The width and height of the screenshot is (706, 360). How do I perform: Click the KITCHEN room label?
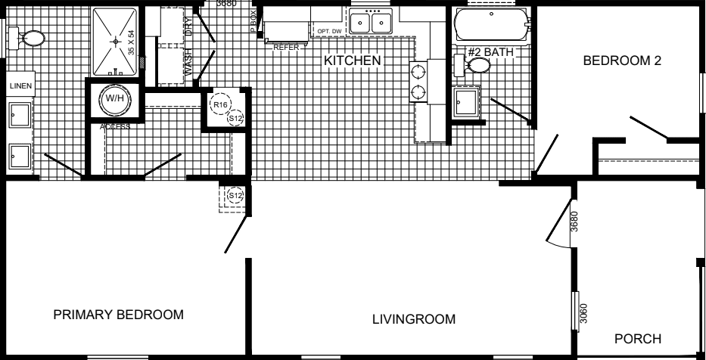pos(352,61)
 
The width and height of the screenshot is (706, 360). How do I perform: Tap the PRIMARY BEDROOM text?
pos(118,315)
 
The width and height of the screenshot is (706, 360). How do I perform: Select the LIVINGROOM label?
pos(414,318)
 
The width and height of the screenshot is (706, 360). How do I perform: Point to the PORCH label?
pos(638,339)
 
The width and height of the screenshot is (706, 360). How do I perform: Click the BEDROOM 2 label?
pos(622,61)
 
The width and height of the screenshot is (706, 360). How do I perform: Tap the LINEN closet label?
pos(20,86)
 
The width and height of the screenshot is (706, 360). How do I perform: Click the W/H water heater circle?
pos(114,98)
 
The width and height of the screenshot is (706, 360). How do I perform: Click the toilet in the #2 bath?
pos(476,66)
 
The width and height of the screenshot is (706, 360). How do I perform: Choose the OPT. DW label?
pos(330,31)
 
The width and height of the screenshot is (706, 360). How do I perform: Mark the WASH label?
pos(189,62)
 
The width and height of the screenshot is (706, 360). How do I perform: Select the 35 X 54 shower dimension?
pos(132,42)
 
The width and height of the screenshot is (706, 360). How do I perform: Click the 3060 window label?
pos(583,312)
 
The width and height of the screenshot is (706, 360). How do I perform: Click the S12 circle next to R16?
pos(235,119)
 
